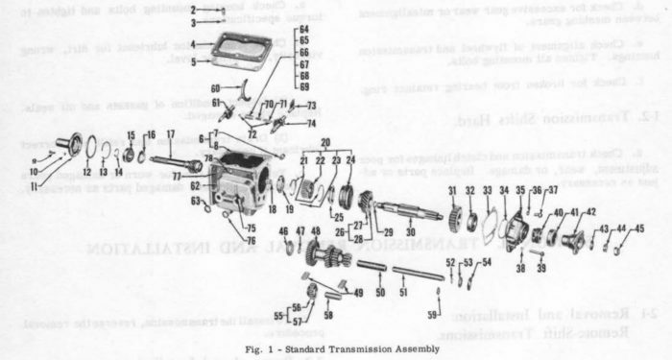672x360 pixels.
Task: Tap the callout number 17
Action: click(170, 133)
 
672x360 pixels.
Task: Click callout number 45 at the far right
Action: click(638, 228)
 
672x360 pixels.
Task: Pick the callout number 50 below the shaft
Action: click(381, 290)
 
